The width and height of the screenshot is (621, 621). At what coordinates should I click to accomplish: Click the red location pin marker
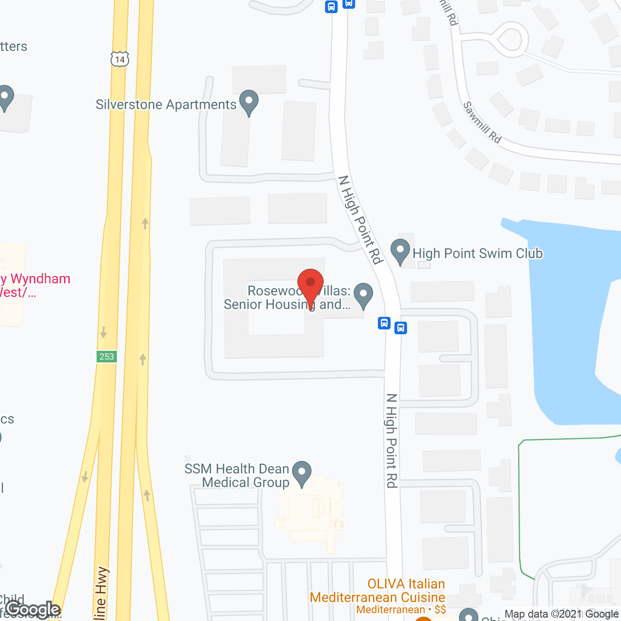310,284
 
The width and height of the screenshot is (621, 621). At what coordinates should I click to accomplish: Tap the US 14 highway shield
120,59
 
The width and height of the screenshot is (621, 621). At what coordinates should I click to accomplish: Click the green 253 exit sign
106,357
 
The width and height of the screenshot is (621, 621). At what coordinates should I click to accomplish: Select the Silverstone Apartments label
166,105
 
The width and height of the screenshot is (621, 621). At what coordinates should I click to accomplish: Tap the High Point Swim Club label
477,254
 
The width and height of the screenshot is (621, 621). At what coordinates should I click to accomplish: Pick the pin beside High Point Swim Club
400,252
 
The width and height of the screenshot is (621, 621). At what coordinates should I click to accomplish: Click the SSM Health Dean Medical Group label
237,475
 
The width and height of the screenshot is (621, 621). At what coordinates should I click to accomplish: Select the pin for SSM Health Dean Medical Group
302,473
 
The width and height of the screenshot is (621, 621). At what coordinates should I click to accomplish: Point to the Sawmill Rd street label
482,122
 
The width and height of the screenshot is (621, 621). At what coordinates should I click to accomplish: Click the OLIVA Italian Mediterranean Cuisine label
377,591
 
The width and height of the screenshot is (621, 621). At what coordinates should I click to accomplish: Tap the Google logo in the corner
33,609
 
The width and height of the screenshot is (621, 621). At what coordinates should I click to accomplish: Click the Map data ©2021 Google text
561,614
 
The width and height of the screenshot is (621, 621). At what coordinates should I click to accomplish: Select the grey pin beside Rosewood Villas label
363,295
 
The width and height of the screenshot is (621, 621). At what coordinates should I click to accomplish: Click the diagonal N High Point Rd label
360,219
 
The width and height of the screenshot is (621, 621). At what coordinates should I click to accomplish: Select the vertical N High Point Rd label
392,441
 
